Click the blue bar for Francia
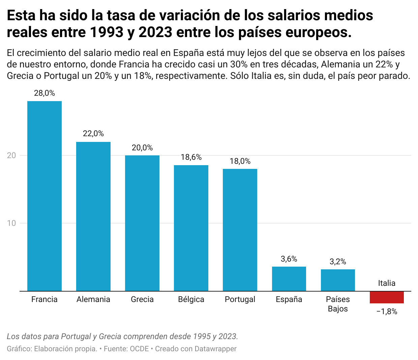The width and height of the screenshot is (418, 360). [x=44, y=196]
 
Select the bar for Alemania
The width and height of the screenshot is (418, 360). [x=93, y=216]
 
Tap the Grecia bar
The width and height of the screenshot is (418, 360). [x=142, y=223]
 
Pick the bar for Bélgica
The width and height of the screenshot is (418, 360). [x=191, y=228]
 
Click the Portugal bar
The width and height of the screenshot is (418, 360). [x=240, y=230]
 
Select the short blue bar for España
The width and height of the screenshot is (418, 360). [x=289, y=279]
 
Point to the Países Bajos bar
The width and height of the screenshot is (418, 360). [x=338, y=280]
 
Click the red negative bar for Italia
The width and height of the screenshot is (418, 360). [x=387, y=297]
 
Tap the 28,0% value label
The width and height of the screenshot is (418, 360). [x=44, y=93]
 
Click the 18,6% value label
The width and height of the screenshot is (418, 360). [x=191, y=157]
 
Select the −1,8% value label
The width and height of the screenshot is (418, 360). [x=387, y=312]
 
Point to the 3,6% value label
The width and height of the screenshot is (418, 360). [x=289, y=259]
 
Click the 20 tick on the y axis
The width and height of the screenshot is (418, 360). [x=12, y=155]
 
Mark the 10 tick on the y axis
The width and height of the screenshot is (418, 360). [x=12, y=223]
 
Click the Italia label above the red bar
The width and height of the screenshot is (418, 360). [x=387, y=283]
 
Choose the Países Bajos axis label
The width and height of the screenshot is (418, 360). [x=338, y=304]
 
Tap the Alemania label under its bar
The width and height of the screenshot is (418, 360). [x=93, y=299]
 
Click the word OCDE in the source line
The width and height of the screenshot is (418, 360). [x=140, y=349]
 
